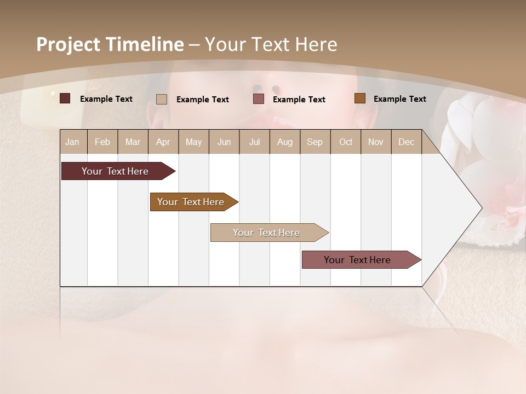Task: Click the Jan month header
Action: (73, 142)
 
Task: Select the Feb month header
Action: (102, 142)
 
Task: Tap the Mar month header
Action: (133, 142)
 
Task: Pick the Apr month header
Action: (163, 142)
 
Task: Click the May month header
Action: (193, 142)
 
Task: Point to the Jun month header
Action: (224, 142)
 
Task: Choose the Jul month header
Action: (254, 142)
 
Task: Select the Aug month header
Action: (285, 142)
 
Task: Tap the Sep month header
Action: (315, 142)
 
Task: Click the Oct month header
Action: (346, 142)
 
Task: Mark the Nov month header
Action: (376, 142)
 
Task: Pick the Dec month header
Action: (407, 142)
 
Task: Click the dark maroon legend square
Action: (65, 99)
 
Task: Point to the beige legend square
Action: (162, 99)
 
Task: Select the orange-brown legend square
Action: (360, 99)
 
